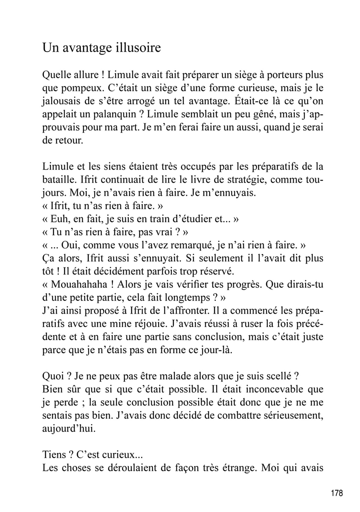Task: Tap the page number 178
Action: tap(336, 493)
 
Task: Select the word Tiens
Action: tap(54, 455)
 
